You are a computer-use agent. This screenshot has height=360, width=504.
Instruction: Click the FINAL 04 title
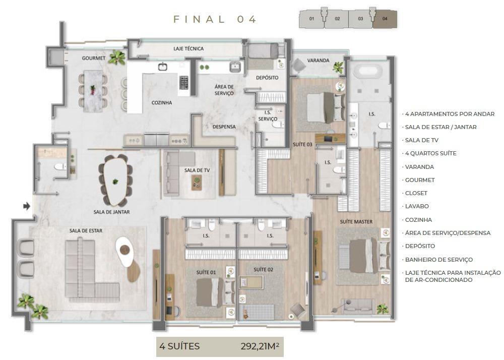click(215, 19)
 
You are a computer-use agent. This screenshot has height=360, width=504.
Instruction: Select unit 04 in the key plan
click(385, 19)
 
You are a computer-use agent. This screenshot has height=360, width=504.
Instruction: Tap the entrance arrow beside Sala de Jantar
click(27, 206)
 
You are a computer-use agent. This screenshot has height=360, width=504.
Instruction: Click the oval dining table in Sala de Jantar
click(115, 181)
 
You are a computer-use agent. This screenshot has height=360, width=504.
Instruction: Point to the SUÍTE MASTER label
click(356, 221)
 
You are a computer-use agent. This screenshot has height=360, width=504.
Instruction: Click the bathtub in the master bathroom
click(372, 71)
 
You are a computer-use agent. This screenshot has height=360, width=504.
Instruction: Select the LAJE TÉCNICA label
click(188, 49)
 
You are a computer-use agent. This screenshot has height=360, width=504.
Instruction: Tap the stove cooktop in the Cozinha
click(184, 82)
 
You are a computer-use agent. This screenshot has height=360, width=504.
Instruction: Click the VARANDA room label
click(318, 61)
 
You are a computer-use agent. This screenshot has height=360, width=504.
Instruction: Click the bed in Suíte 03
click(320, 107)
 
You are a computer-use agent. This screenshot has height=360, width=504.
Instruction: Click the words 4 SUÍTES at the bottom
click(179, 346)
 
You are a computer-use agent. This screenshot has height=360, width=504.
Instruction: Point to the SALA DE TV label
click(197, 170)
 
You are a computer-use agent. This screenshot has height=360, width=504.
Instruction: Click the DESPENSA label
click(224, 127)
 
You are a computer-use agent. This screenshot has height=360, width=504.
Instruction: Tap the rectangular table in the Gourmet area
click(93, 90)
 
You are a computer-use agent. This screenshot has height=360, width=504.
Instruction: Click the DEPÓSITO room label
click(267, 78)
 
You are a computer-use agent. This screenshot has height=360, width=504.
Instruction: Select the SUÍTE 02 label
click(263, 270)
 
